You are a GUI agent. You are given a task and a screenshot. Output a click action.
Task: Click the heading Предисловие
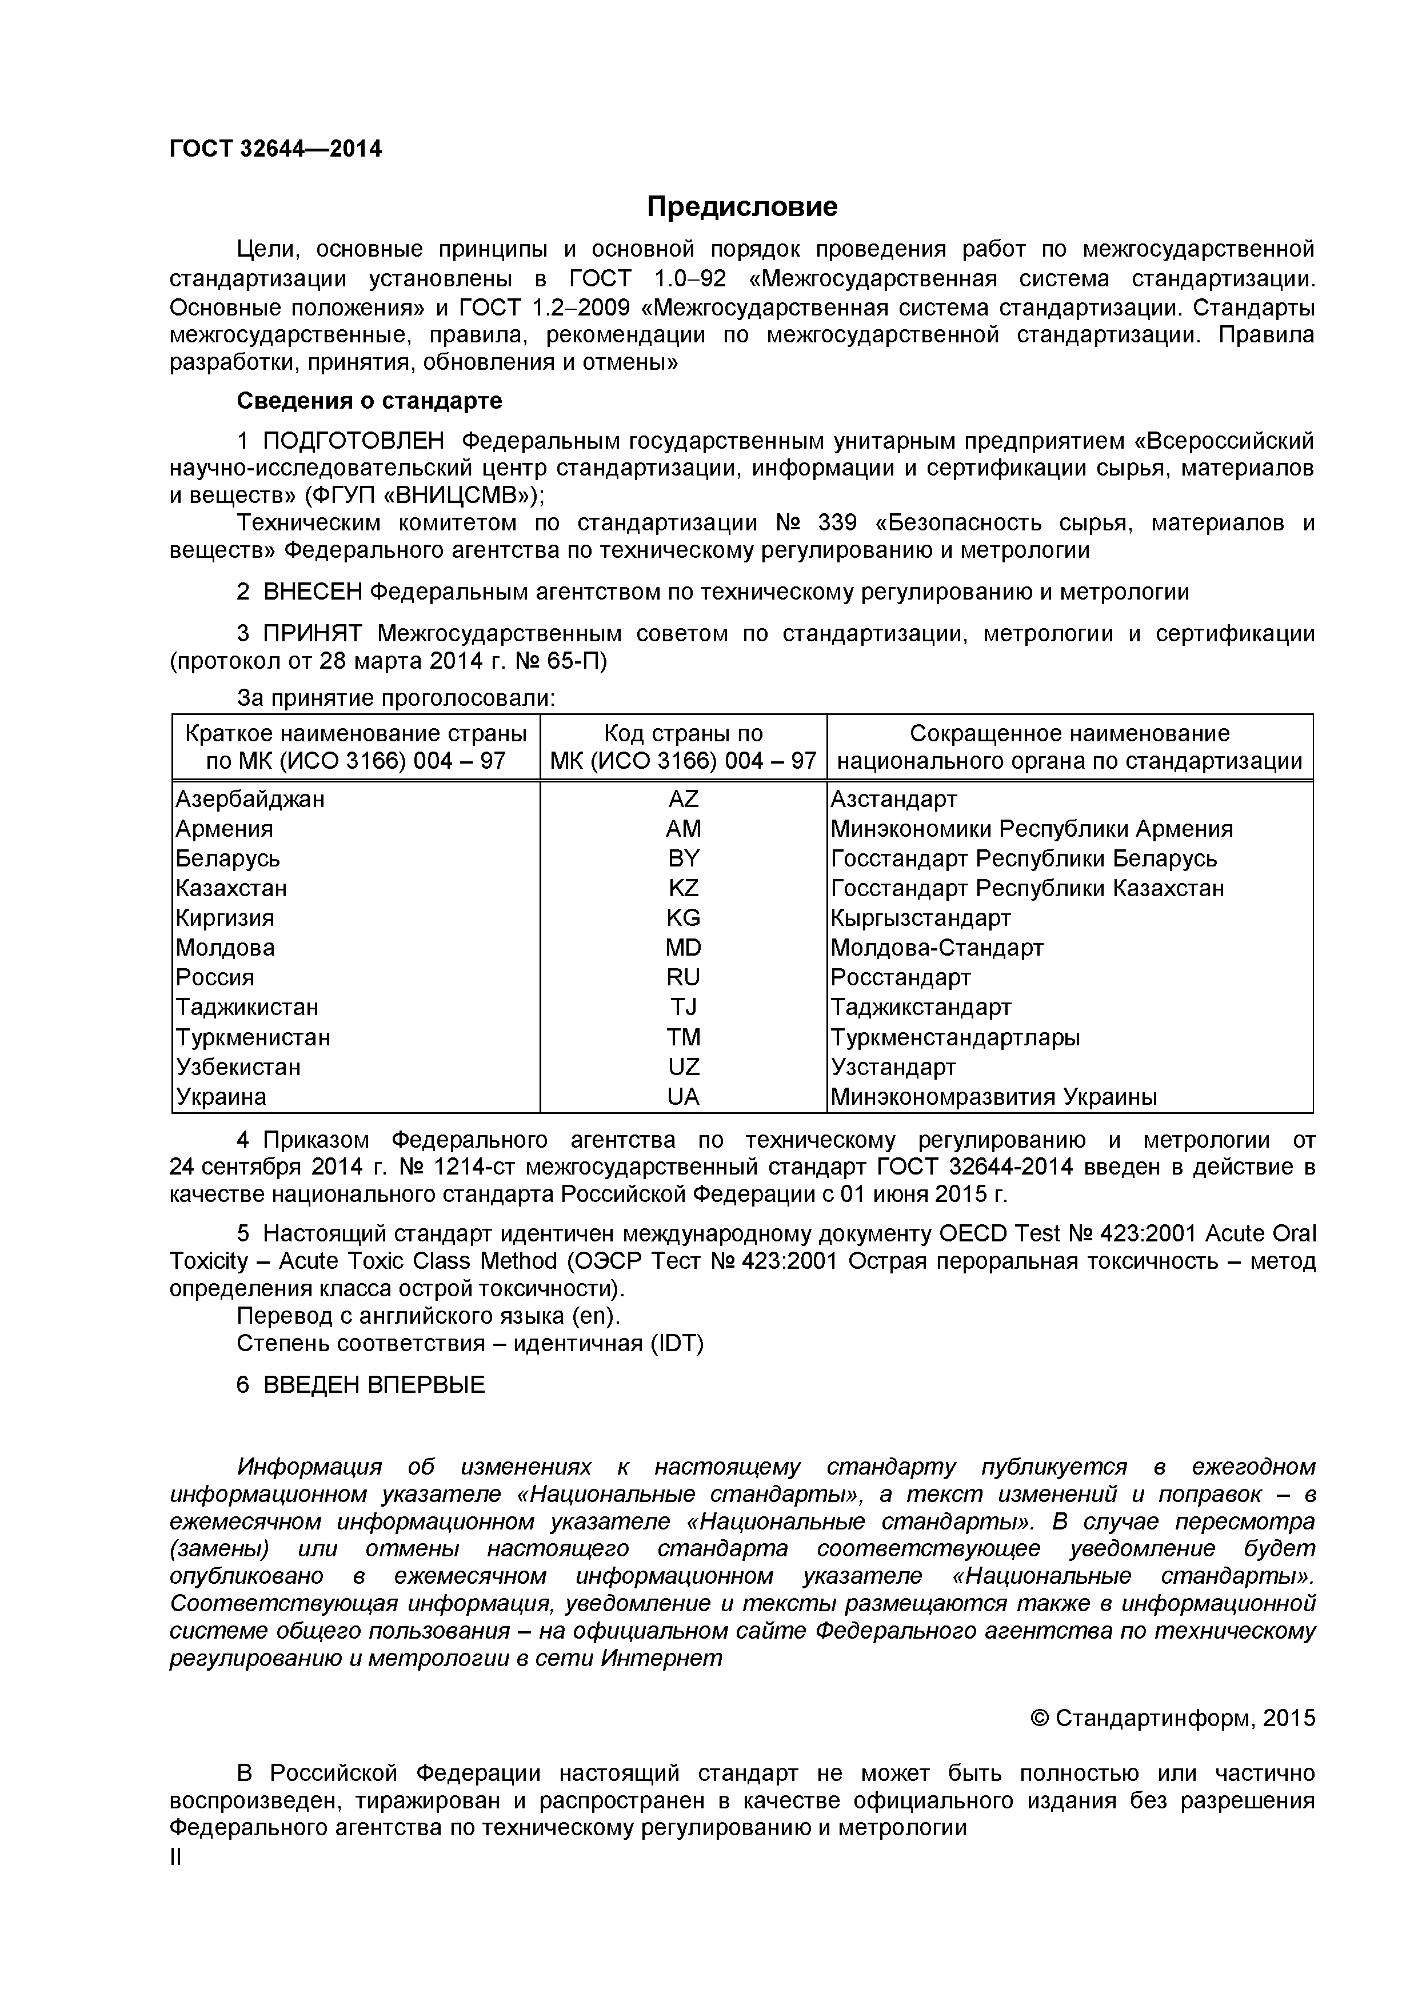point(741,207)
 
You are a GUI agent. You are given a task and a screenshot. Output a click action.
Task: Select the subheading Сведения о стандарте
point(369,401)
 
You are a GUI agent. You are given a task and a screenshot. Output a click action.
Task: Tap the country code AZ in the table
point(683,799)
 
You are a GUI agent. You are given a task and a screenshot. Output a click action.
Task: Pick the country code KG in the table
point(683,918)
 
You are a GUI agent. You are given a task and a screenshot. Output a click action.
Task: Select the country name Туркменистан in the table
point(253,1037)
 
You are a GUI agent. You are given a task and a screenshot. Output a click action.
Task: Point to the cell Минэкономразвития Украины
point(994,1097)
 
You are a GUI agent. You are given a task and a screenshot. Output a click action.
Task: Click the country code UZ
point(683,1067)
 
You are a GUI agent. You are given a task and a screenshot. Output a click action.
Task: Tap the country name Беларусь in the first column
point(228,858)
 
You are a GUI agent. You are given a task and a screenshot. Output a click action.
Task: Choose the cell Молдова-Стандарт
point(937,948)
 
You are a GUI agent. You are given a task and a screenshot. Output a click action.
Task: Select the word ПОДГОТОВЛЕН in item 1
point(353,441)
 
